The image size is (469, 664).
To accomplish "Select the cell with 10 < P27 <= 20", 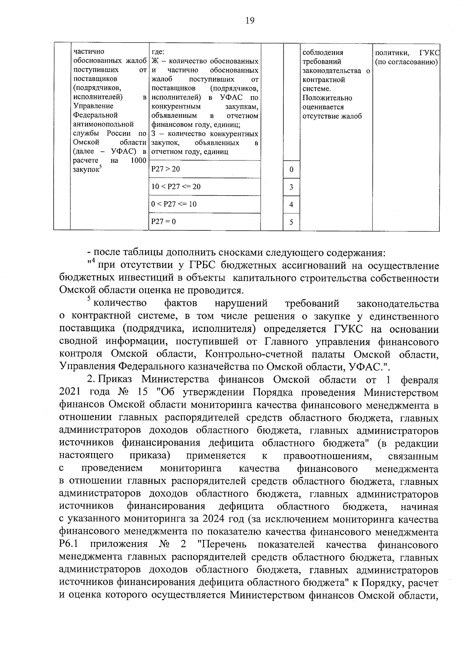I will (176, 187).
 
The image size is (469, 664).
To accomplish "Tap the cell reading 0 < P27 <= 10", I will (174, 204).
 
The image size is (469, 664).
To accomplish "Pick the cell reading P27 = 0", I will (163, 221).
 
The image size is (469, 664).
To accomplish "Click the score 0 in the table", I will (291, 170).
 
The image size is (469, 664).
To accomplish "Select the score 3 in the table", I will (291, 187).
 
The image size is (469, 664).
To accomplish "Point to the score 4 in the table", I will (291, 205).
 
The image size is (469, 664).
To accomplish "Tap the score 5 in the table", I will (291, 222).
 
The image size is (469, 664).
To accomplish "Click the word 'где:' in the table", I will (158, 52).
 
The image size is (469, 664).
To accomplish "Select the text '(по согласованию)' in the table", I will (406, 62).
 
